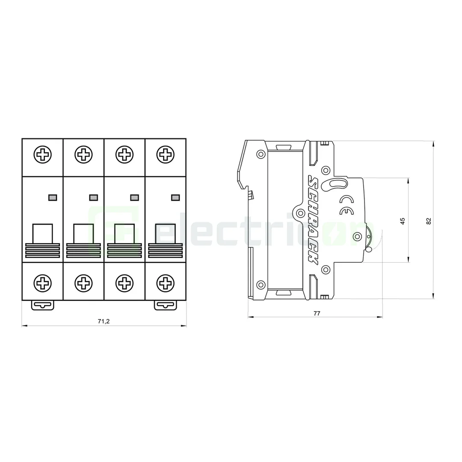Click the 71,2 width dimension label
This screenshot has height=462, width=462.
(103, 321)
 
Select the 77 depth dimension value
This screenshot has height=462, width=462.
(317, 313)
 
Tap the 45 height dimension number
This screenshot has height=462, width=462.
(403, 221)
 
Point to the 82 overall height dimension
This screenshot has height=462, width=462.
(429, 221)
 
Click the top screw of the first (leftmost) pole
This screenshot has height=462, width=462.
(42, 154)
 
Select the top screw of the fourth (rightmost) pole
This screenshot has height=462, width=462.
(165, 154)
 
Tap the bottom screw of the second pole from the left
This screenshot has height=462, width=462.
(83, 282)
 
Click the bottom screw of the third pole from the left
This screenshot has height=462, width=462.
(124, 282)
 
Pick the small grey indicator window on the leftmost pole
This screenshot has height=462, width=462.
(53, 197)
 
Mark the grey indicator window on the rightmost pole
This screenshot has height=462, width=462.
(175, 197)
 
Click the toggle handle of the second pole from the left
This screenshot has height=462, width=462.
(83, 234)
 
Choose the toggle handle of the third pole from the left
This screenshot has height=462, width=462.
(124, 234)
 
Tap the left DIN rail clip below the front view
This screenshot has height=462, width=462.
(42, 305)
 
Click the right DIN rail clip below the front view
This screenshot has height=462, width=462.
(165, 305)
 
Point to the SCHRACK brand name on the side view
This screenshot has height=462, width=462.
(313, 220)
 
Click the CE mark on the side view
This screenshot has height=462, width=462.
(346, 205)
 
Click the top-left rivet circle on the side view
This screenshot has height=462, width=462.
(260, 154)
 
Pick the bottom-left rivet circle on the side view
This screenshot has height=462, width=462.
(260, 284)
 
